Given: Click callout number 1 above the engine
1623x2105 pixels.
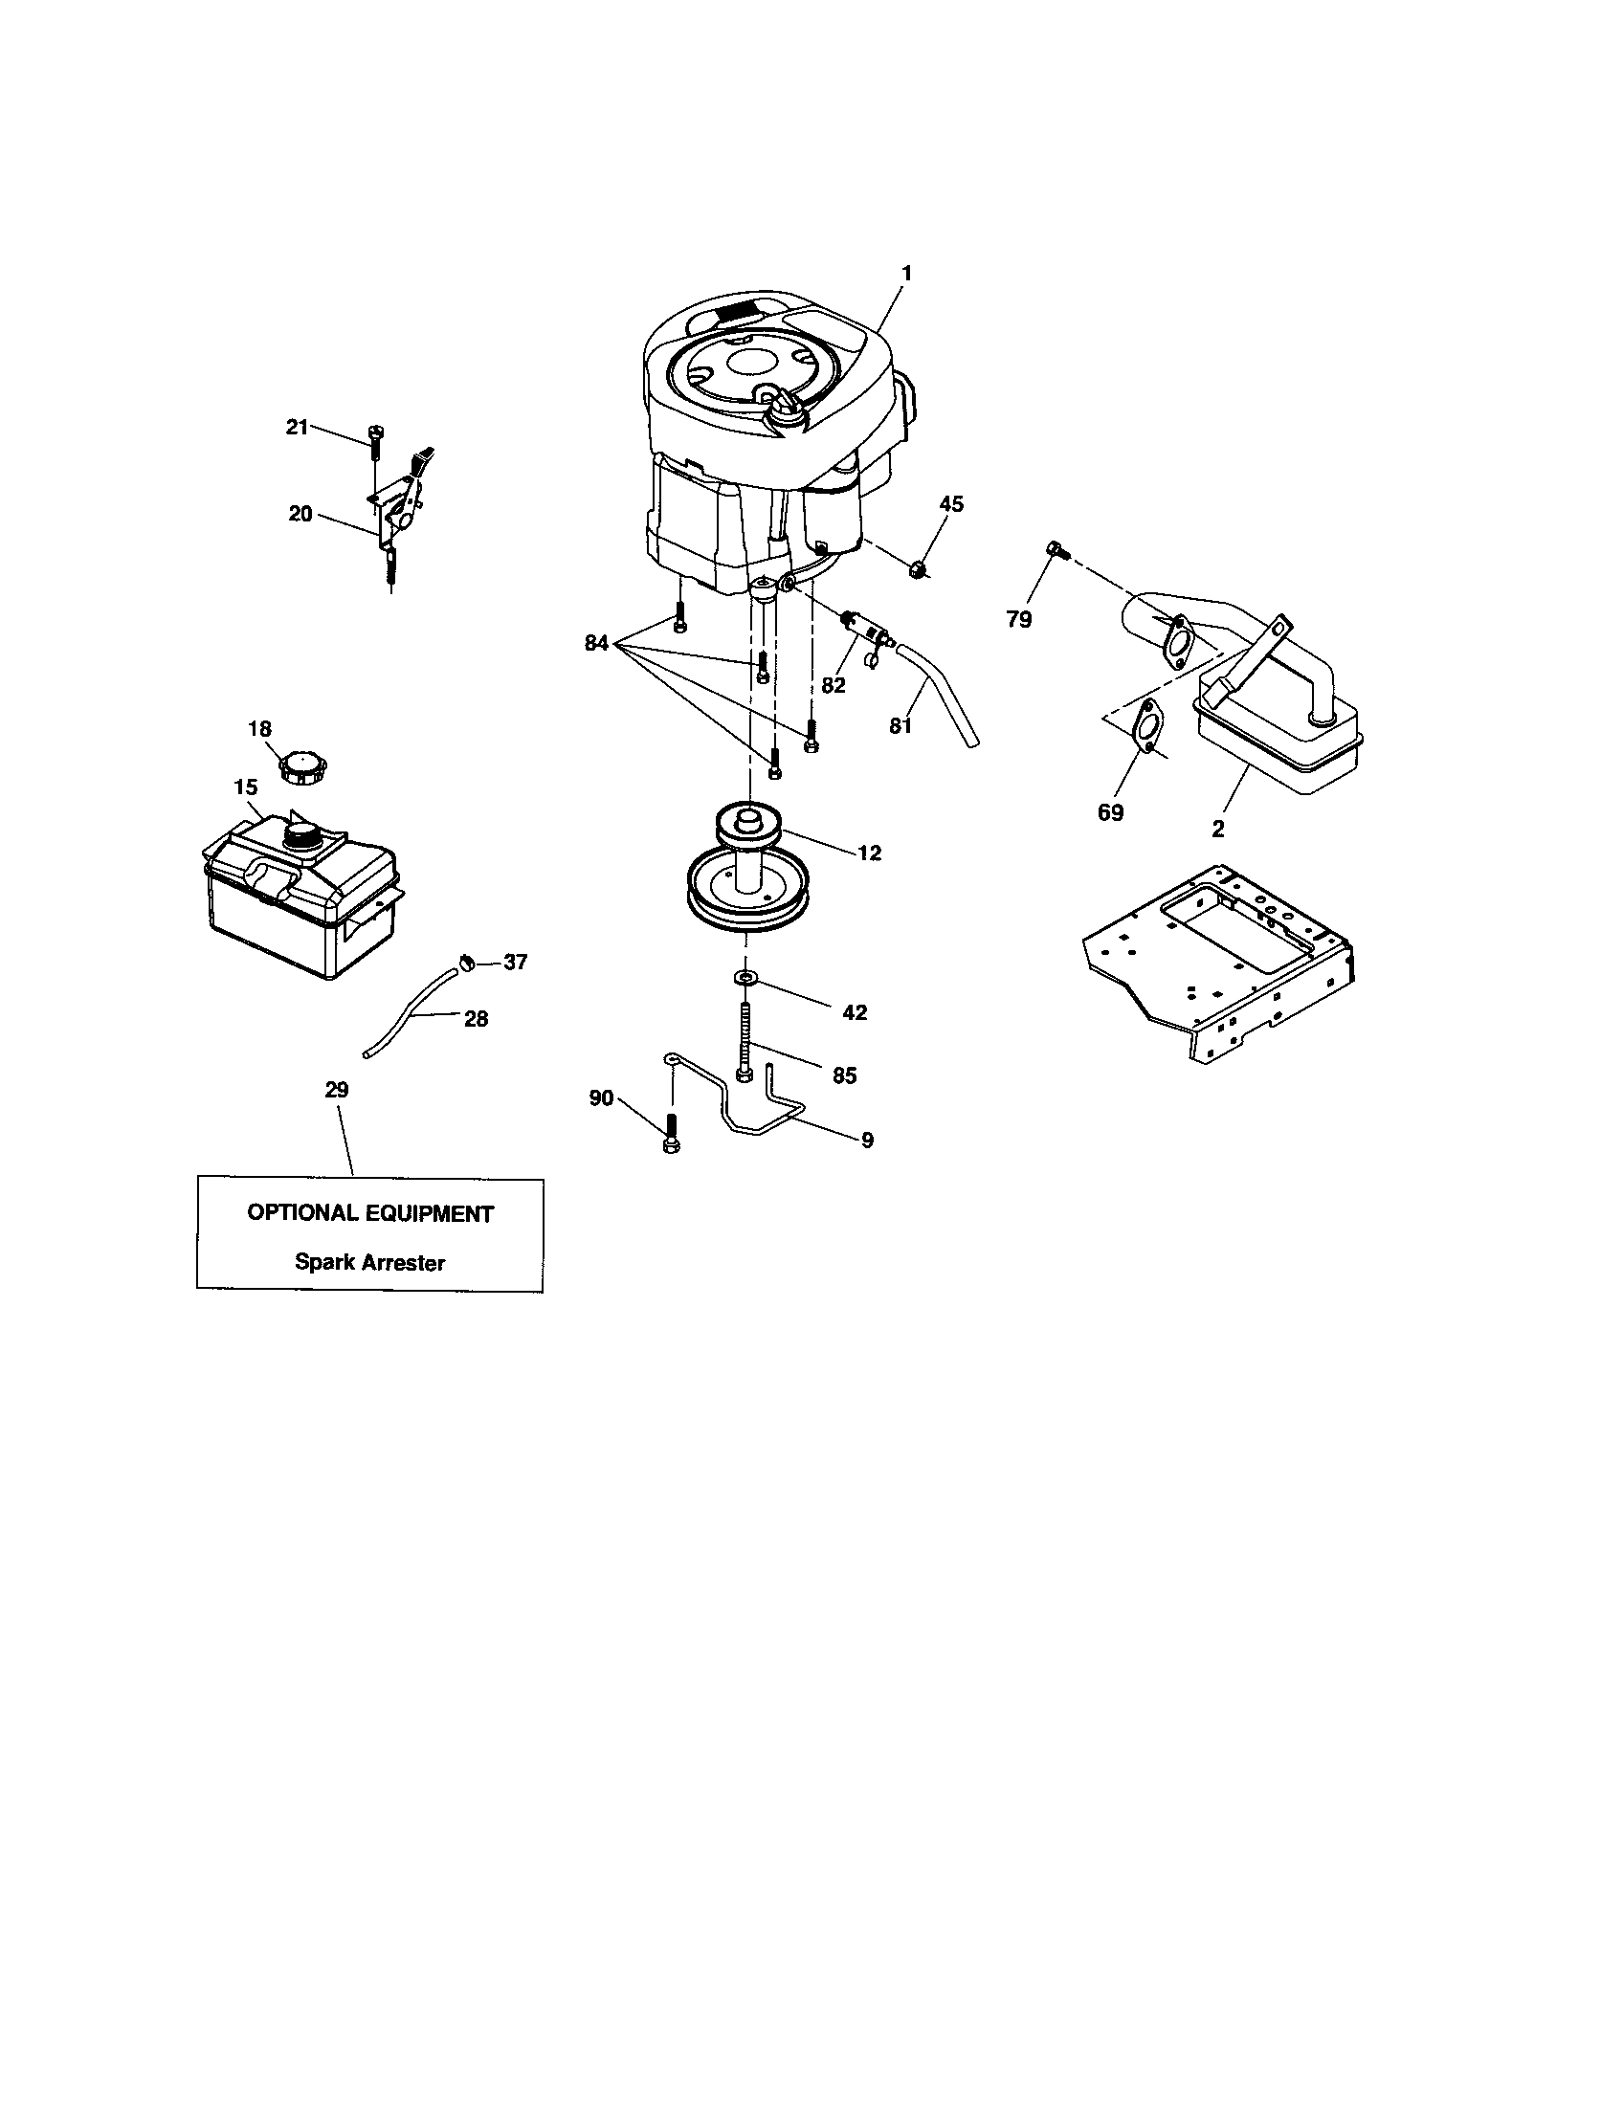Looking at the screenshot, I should (x=905, y=274).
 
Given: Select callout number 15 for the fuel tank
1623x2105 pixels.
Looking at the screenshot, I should (x=246, y=787).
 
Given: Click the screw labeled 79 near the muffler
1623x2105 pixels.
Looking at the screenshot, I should (x=1056, y=551).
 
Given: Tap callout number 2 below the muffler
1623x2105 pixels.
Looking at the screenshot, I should (x=1218, y=829).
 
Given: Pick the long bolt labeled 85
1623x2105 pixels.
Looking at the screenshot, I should (x=746, y=1041).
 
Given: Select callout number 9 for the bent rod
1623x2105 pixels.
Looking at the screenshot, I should (x=866, y=1141).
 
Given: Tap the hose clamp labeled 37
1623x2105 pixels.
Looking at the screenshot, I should (x=465, y=960).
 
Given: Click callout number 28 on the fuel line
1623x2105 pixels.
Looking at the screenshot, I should (x=477, y=1018).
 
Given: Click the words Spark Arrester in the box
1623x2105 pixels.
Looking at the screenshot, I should (x=370, y=1262).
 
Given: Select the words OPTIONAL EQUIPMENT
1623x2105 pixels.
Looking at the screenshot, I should (x=370, y=1213).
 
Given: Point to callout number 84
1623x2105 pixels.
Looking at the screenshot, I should (x=596, y=643).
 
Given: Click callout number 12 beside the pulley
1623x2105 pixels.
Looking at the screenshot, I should (x=868, y=853).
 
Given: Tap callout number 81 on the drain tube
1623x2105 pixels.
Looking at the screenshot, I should (x=900, y=726).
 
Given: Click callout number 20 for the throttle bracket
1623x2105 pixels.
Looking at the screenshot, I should (x=300, y=514).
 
